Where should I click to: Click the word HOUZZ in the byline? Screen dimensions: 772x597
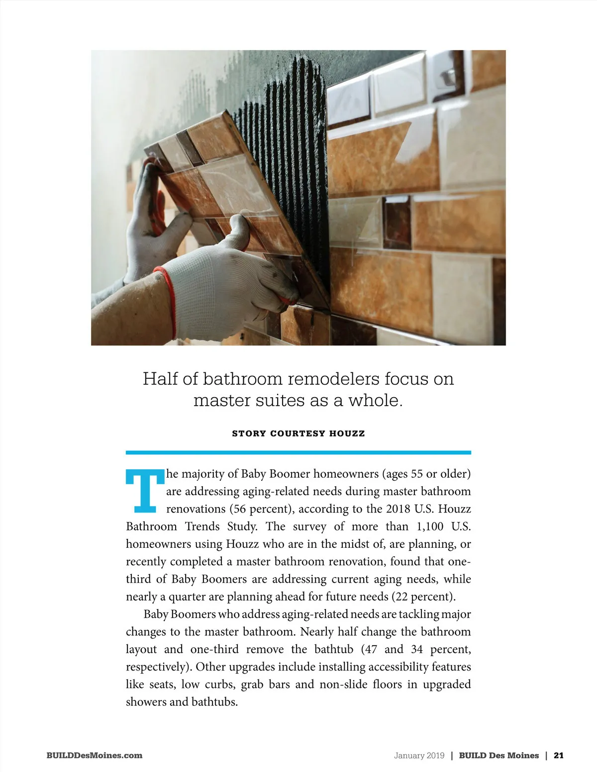347,433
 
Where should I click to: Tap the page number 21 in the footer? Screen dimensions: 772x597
558,755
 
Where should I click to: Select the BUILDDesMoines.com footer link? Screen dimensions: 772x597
94,755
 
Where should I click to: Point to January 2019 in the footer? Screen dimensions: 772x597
419,755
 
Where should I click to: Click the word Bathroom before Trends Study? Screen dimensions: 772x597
151,526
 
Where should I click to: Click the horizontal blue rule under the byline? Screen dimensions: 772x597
298,452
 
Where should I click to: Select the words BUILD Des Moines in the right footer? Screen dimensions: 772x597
498,755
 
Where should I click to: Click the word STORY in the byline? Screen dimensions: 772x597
249,433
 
